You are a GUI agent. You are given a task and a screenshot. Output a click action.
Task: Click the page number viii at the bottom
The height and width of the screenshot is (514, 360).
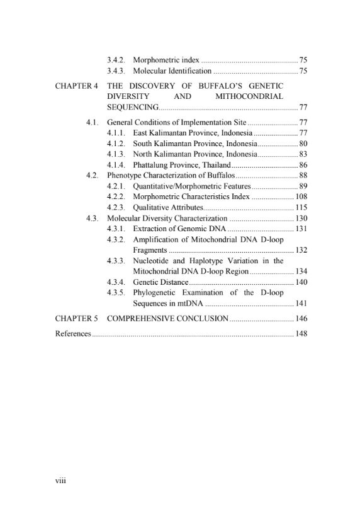[61, 481]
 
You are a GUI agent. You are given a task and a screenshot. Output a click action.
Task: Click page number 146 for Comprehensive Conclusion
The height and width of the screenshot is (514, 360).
[301, 319]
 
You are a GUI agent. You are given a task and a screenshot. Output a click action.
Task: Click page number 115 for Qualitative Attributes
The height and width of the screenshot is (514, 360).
[301, 207]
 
